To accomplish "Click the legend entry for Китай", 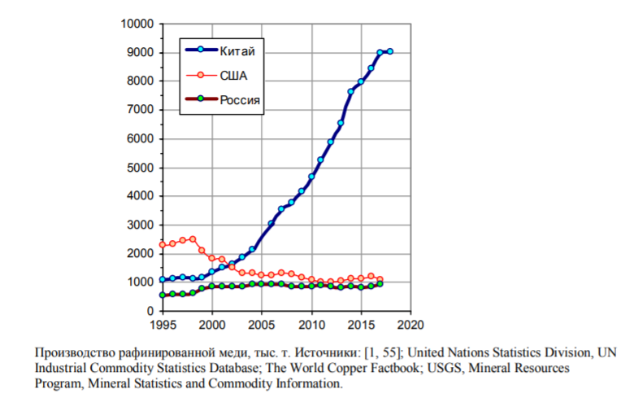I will pyautogui.click(x=237, y=51).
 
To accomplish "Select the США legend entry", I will pyautogui.click(x=232, y=76).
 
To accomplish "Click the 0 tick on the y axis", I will pyautogui.click(x=150, y=311).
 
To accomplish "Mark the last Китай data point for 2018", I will pyautogui.click(x=390, y=51).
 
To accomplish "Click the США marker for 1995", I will pyautogui.click(x=163, y=245).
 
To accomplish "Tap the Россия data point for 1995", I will pyautogui.click(x=163, y=295).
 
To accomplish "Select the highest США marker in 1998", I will pyautogui.click(x=193, y=239).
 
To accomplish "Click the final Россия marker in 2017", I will pyautogui.click(x=380, y=284).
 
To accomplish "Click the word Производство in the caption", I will pyautogui.click(x=71, y=353).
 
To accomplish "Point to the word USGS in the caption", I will pyautogui.click(x=443, y=368).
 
